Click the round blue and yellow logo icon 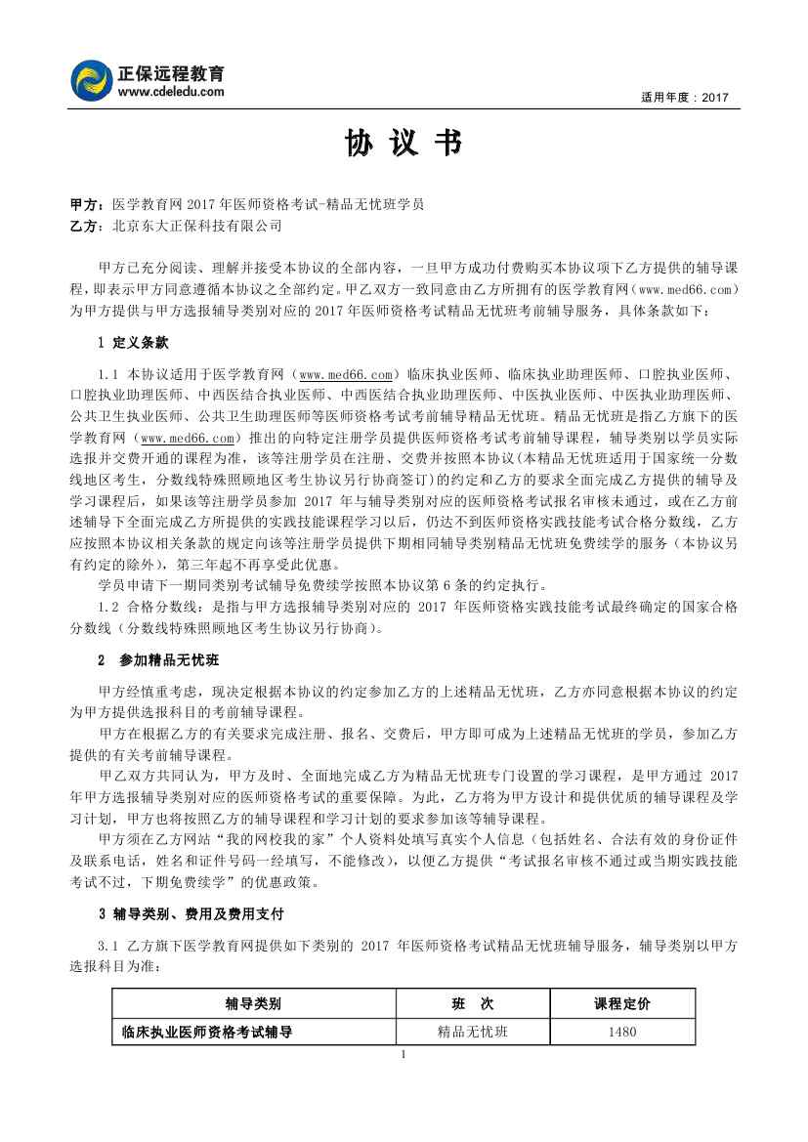point(92,81)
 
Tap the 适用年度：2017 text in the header point(685,98)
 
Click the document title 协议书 point(403,145)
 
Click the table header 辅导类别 point(254,1003)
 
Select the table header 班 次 point(473,1003)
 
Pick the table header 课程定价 point(622,1003)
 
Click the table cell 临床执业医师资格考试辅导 point(207,1032)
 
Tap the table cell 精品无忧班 point(473,1032)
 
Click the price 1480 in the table point(622,1032)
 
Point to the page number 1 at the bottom point(403,1054)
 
